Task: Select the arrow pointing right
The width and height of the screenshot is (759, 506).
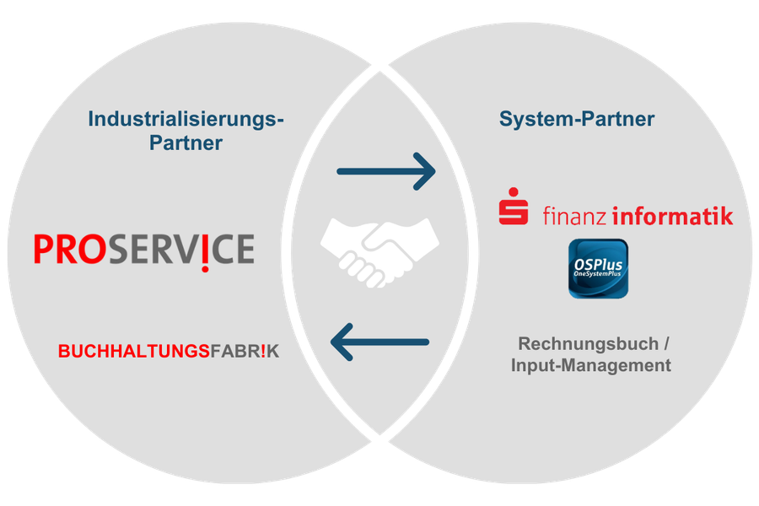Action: pyautogui.click(x=385, y=172)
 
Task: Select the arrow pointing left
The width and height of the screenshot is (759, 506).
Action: pyautogui.click(x=379, y=342)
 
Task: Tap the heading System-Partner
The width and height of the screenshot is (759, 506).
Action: pyautogui.click(x=576, y=119)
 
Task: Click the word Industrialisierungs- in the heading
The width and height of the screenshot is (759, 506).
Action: pyautogui.click(x=186, y=119)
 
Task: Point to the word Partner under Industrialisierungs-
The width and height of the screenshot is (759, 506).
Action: pyautogui.click(x=186, y=143)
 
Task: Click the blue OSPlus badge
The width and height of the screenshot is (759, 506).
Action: pyautogui.click(x=598, y=268)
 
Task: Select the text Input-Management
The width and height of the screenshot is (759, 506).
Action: pyautogui.click(x=591, y=365)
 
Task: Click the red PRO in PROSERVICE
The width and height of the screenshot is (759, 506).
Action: pyautogui.click(x=70, y=249)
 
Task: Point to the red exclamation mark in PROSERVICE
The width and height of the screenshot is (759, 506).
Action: pyautogui.click(x=207, y=250)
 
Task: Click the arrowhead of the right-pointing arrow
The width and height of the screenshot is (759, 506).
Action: pyautogui.click(x=425, y=172)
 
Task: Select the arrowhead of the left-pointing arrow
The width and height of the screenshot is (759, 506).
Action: pyautogui.click(x=342, y=342)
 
